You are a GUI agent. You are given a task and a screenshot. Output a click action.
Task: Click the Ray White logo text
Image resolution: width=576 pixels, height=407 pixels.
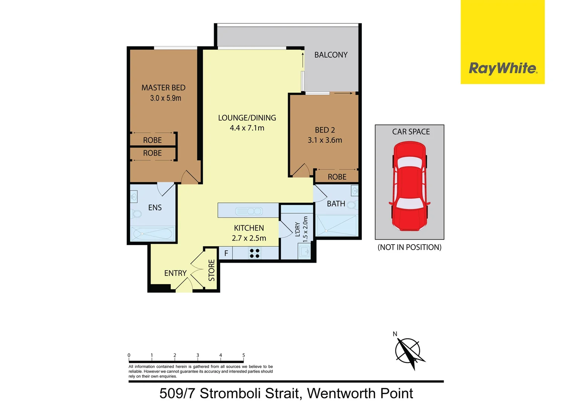(502, 69)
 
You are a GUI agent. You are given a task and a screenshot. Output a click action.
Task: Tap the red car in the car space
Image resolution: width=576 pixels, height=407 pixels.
(410, 186)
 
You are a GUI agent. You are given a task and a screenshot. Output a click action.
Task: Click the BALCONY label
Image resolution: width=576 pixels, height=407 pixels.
(331, 55)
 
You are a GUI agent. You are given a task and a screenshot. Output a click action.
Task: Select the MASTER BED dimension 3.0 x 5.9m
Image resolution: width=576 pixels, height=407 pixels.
(165, 98)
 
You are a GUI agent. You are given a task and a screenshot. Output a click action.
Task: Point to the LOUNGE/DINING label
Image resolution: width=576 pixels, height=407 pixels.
(247, 118)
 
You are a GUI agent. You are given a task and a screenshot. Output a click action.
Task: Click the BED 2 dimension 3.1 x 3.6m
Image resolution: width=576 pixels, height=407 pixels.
(325, 140)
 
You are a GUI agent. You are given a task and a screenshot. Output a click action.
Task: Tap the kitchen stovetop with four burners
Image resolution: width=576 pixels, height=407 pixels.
(254, 253)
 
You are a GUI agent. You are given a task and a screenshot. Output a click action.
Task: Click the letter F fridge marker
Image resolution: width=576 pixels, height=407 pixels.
(226, 253)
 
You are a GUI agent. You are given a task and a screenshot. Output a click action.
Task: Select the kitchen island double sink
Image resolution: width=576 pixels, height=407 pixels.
(248, 211)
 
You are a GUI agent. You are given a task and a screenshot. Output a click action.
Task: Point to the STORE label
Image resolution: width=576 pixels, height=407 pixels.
(211, 270)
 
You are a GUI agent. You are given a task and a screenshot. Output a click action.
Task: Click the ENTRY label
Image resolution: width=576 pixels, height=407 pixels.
(175, 273)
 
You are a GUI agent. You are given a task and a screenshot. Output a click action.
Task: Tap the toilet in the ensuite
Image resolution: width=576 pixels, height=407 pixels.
(136, 214)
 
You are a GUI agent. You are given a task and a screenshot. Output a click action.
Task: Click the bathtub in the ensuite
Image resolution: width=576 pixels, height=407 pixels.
(153, 234)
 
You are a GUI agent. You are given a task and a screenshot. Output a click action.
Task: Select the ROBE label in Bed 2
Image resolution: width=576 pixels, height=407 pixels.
(337, 177)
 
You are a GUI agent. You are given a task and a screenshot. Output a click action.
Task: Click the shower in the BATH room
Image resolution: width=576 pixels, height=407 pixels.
(336, 226)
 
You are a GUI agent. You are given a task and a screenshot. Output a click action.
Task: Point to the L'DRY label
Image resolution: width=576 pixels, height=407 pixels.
(297, 229)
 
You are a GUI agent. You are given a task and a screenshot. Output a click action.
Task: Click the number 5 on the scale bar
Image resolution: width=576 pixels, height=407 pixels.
(244, 355)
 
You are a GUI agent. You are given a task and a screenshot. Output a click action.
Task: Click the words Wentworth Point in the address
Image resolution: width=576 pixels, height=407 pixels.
(360, 393)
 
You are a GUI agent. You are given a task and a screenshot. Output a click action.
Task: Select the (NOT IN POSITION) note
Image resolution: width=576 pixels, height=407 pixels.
(409, 248)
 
